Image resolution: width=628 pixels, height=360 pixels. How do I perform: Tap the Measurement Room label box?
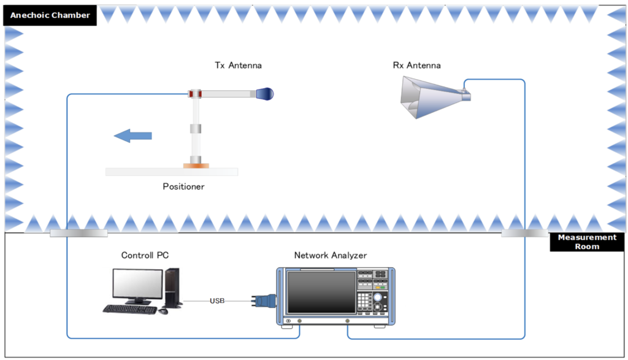pos(587,242)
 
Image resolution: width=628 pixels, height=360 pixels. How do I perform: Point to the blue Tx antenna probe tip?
pos(265,94)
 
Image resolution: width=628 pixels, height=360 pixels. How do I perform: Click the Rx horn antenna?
pos(429,96)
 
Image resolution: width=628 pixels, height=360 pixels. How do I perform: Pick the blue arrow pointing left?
pos(132,136)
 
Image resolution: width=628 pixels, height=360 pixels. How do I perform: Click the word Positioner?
pos(183,186)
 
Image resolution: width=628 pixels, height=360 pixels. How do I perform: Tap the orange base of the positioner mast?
pos(196,164)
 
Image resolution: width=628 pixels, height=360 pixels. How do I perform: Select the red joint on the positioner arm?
pos(195,93)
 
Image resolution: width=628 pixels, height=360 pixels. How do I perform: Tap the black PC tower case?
pos(172,287)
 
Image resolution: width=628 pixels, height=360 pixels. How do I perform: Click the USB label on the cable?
pos(217,301)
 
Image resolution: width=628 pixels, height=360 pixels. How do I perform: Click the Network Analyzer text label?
pos(331,255)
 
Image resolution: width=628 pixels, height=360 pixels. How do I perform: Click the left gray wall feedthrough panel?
pos(78,233)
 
